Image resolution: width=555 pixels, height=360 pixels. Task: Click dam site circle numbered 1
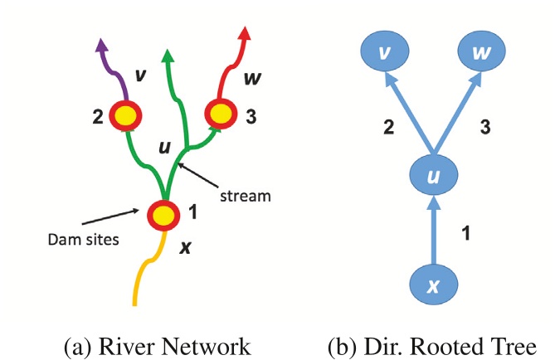point(163,215)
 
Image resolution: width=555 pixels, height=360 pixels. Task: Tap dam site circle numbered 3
point(222,112)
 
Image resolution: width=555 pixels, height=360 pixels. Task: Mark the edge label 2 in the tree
point(387,127)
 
